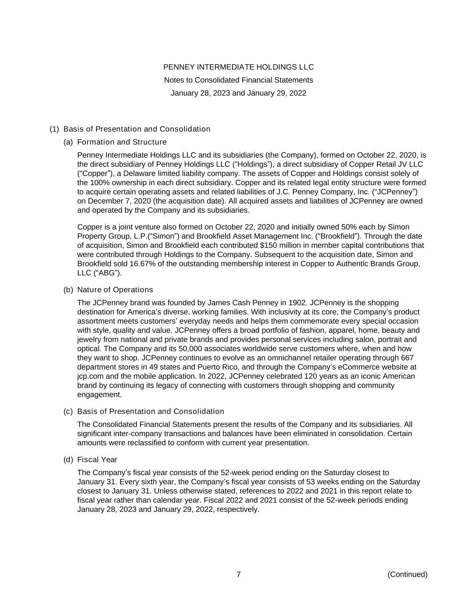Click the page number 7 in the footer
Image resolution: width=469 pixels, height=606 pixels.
pyautogui.click(x=238, y=574)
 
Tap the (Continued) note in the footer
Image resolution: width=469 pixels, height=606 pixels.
pyautogui.click(x=407, y=574)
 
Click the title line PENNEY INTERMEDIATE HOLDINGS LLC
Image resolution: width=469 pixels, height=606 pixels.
pyautogui.click(x=238, y=67)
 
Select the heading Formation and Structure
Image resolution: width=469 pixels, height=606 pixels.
pyautogui.click(x=122, y=142)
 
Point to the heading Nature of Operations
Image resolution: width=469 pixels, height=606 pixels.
pyautogui.click(x=115, y=290)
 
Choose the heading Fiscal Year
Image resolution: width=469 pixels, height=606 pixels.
pyautogui.click(x=97, y=459)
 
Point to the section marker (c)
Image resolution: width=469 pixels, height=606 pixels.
pyautogui.click(x=68, y=412)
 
